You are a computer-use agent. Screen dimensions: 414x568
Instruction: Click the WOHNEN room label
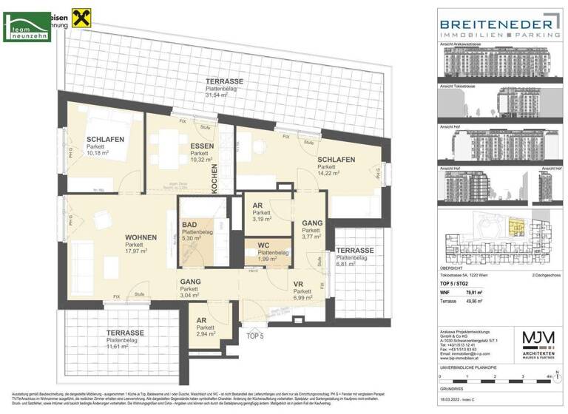point(141,237)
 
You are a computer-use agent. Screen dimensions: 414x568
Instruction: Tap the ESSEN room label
point(202,146)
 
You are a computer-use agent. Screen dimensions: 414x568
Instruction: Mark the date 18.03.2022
point(453,399)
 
